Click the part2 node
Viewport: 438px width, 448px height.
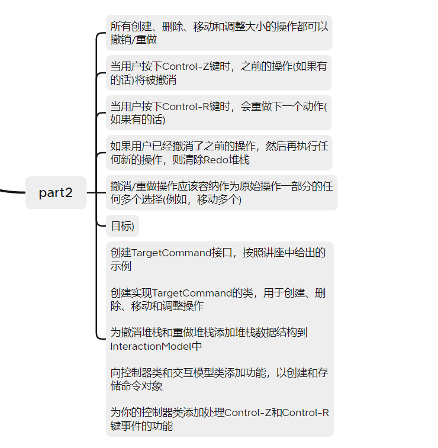point(56,192)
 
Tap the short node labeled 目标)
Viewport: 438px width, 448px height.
point(123,225)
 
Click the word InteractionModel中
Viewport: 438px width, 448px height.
point(156,346)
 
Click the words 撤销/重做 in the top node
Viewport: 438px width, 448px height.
point(134,40)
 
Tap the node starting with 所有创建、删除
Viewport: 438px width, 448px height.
point(219,33)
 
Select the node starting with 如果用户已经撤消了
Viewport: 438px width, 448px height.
point(219,153)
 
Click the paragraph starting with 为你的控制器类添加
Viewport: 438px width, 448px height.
point(219,419)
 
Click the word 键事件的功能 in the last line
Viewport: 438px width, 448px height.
point(141,426)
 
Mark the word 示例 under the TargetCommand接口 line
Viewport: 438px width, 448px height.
point(121,266)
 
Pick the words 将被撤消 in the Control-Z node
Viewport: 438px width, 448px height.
point(156,80)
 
